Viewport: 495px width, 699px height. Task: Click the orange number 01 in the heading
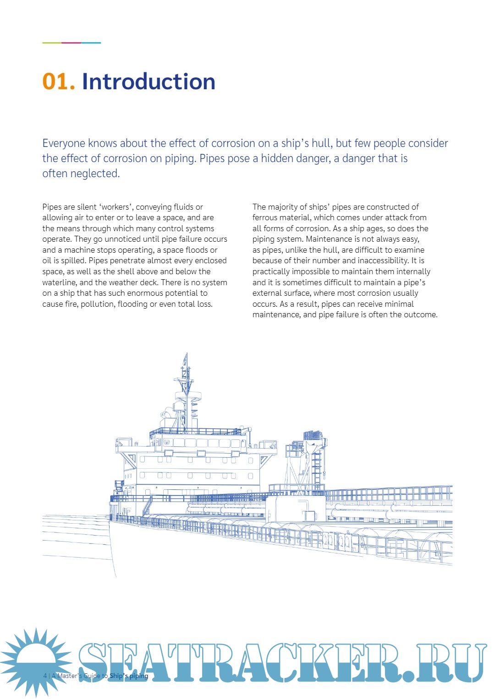pos(57,81)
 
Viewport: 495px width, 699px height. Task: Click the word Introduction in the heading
pos(148,81)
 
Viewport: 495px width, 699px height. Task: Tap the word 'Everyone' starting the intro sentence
pos(64,143)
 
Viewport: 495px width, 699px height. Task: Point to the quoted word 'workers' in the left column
pos(115,207)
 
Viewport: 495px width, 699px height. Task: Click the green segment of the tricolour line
pos(52,43)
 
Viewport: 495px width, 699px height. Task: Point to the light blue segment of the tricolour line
pos(91,43)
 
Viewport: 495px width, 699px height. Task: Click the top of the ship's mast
pos(186,355)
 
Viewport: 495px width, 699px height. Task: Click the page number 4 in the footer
pos(45,676)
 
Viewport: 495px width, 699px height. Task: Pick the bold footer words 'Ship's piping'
pos(129,676)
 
